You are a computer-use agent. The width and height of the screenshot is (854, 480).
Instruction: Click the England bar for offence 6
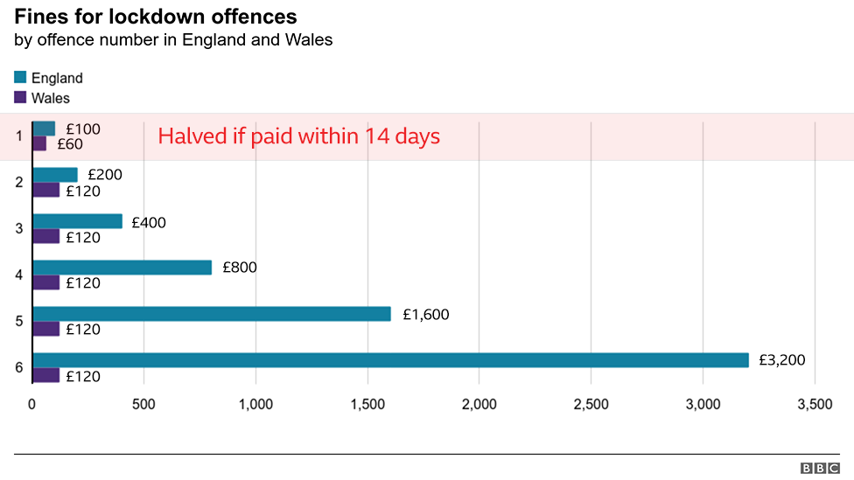(390, 360)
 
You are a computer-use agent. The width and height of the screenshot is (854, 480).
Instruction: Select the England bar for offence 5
(212, 314)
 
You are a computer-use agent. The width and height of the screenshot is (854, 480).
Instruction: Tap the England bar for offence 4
(122, 268)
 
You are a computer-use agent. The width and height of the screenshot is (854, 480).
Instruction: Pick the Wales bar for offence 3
(45, 236)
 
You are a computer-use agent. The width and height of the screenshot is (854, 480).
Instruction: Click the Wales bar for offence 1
(39, 143)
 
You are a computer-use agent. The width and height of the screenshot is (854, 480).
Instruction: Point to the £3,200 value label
(781, 360)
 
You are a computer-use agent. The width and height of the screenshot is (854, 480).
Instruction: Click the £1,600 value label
(425, 314)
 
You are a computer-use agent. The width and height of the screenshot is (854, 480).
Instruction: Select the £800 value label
(239, 268)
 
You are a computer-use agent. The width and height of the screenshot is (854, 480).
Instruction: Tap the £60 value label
(70, 144)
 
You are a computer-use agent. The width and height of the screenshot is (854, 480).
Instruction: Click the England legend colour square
(21, 78)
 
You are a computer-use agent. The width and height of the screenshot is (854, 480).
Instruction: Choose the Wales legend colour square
(21, 97)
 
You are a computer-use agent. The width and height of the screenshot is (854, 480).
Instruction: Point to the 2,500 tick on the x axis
(591, 404)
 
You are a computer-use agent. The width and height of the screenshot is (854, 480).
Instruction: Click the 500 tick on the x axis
(143, 404)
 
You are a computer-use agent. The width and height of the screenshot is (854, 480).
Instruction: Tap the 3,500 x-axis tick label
(815, 404)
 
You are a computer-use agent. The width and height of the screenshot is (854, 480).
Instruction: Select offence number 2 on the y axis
(18, 182)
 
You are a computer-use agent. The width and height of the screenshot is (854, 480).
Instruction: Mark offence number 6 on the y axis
(18, 367)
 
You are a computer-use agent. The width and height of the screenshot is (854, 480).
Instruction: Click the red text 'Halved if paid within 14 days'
(298, 136)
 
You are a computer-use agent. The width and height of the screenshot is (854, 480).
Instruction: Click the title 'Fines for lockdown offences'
(155, 17)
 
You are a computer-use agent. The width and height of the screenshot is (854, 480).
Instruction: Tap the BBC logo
(818, 469)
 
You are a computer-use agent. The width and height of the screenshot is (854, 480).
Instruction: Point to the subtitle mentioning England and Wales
(173, 40)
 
